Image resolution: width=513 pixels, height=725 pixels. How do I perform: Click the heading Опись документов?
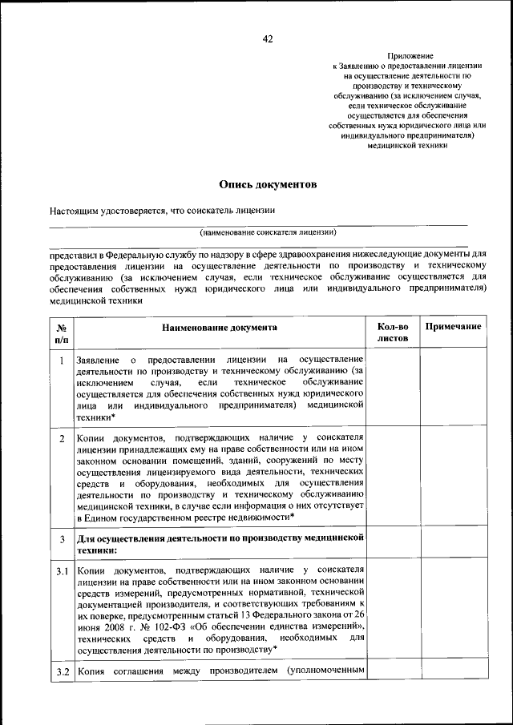click(x=268, y=185)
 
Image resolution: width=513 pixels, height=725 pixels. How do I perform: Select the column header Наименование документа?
click(x=219, y=328)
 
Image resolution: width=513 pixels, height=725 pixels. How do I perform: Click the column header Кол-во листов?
click(x=393, y=332)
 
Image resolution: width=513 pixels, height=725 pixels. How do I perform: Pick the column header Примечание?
click(x=453, y=327)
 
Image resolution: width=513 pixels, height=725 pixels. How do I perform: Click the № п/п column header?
click(x=61, y=333)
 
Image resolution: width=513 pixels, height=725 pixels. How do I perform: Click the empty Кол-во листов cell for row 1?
click(x=393, y=388)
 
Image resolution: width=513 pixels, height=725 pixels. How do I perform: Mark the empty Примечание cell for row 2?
click(x=453, y=478)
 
